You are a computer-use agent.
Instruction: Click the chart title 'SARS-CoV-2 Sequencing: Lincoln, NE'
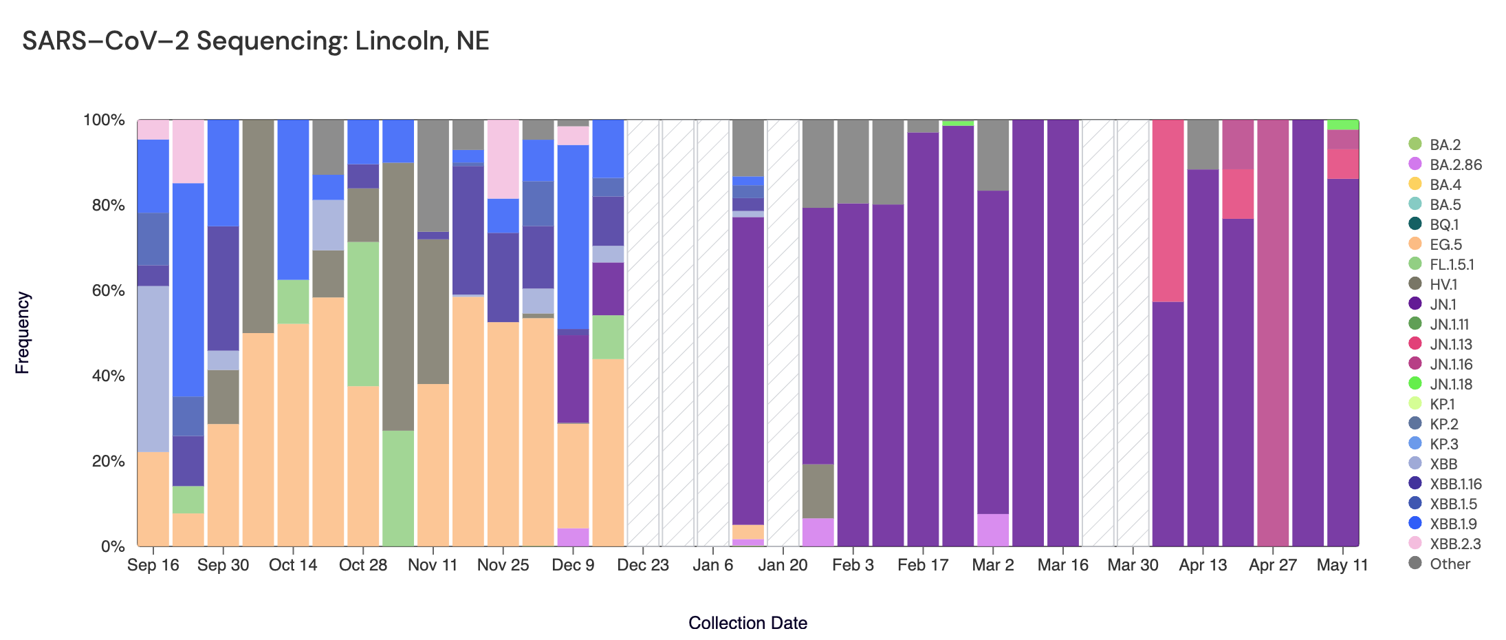tap(255, 41)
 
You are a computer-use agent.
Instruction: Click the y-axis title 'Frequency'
tap(23, 333)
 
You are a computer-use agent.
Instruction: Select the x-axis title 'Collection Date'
tap(747, 623)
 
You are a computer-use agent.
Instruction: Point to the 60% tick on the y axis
tap(104, 290)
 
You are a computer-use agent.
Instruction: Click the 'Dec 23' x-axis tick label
tap(643, 565)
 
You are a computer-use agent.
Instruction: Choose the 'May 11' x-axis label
tap(1342, 565)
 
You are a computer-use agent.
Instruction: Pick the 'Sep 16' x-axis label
tap(153, 565)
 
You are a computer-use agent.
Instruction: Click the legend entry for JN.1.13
tap(1451, 344)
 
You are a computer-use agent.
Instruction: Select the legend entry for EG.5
tap(1445, 244)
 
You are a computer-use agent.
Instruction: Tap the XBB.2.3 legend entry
tap(1455, 544)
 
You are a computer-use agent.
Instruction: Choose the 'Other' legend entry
tap(1450, 564)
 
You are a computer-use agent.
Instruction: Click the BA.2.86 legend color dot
tap(1415, 164)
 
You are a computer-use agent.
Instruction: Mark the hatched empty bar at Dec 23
tap(643, 333)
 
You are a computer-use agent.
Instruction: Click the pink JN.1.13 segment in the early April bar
tap(1168, 211)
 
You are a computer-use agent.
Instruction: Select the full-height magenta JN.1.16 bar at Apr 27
tap(1273, 333)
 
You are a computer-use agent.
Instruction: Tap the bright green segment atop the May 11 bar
tap(1342, 125)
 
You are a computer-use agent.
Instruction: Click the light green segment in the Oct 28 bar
tap(363, 314)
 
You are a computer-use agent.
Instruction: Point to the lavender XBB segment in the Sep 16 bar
tap(153, 369)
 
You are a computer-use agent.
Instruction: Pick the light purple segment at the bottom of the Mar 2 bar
tap(992, 530)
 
